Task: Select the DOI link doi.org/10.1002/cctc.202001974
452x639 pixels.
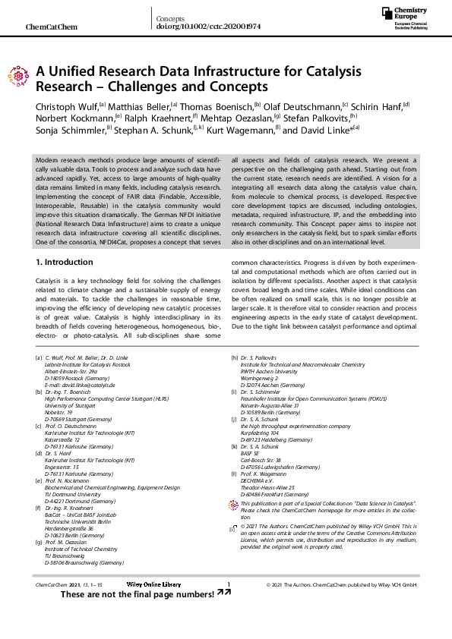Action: (x=208, y=26)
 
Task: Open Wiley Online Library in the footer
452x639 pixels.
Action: (x=154, y=606)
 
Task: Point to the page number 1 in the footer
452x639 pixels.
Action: (x=228, y=606)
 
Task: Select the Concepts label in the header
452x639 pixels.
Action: (x=170, y=17)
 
